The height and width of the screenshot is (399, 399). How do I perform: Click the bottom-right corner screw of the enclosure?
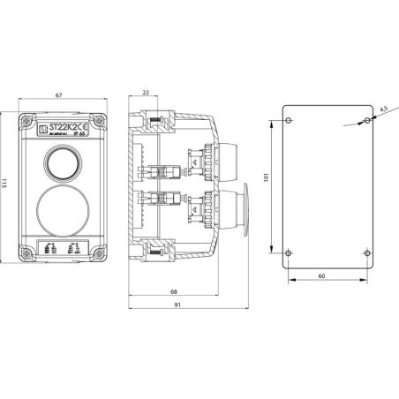click(103, 257)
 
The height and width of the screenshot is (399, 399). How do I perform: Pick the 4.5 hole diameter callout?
click(380, 109)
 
